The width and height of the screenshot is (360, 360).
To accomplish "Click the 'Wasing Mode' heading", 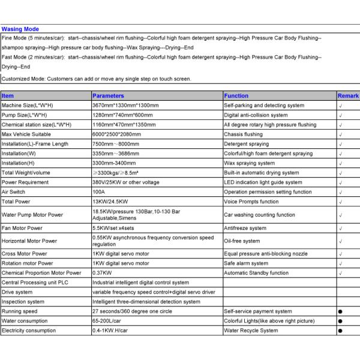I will coord(20,29).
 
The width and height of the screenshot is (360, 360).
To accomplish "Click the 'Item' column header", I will coord(8,96).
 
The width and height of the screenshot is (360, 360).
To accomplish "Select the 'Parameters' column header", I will coord(109,96).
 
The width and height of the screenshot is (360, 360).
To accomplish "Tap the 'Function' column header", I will coord(236,96).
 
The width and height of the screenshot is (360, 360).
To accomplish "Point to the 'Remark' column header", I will coord(348,96).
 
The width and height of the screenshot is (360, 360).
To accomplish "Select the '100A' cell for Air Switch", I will coord(99,192).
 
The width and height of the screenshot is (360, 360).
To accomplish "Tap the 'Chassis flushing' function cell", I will coord(243,134).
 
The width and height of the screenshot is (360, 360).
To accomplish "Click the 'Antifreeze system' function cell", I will coord(245,229).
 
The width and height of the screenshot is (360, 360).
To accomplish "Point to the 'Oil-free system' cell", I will coord(242,241).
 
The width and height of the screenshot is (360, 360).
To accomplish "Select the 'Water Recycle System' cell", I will coord(251,331).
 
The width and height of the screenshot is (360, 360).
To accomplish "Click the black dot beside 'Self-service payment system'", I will coord(340,312).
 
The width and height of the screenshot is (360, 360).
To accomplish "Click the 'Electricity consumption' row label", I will coord(29,331).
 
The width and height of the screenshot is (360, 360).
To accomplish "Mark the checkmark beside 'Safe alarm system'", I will coord(340,263).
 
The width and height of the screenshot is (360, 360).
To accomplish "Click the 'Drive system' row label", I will coord(17,292).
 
